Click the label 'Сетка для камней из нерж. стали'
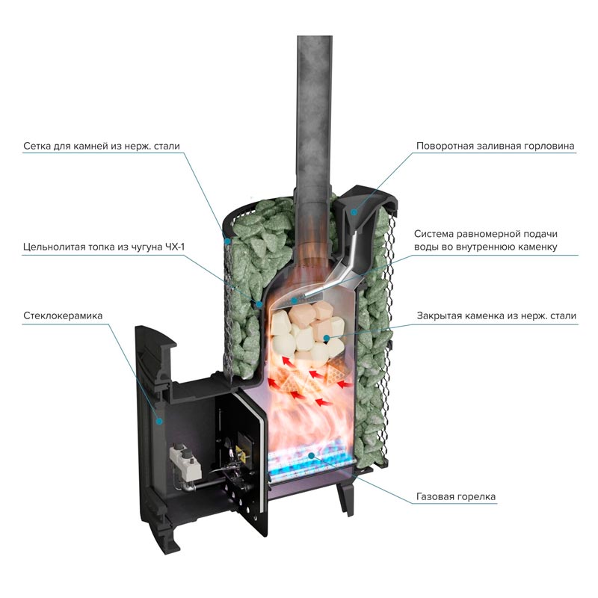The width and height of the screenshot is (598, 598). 102,146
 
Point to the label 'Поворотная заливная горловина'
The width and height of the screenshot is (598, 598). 496,146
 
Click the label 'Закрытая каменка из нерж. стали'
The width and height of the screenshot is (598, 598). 496,316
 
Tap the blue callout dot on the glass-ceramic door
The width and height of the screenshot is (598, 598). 158,421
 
